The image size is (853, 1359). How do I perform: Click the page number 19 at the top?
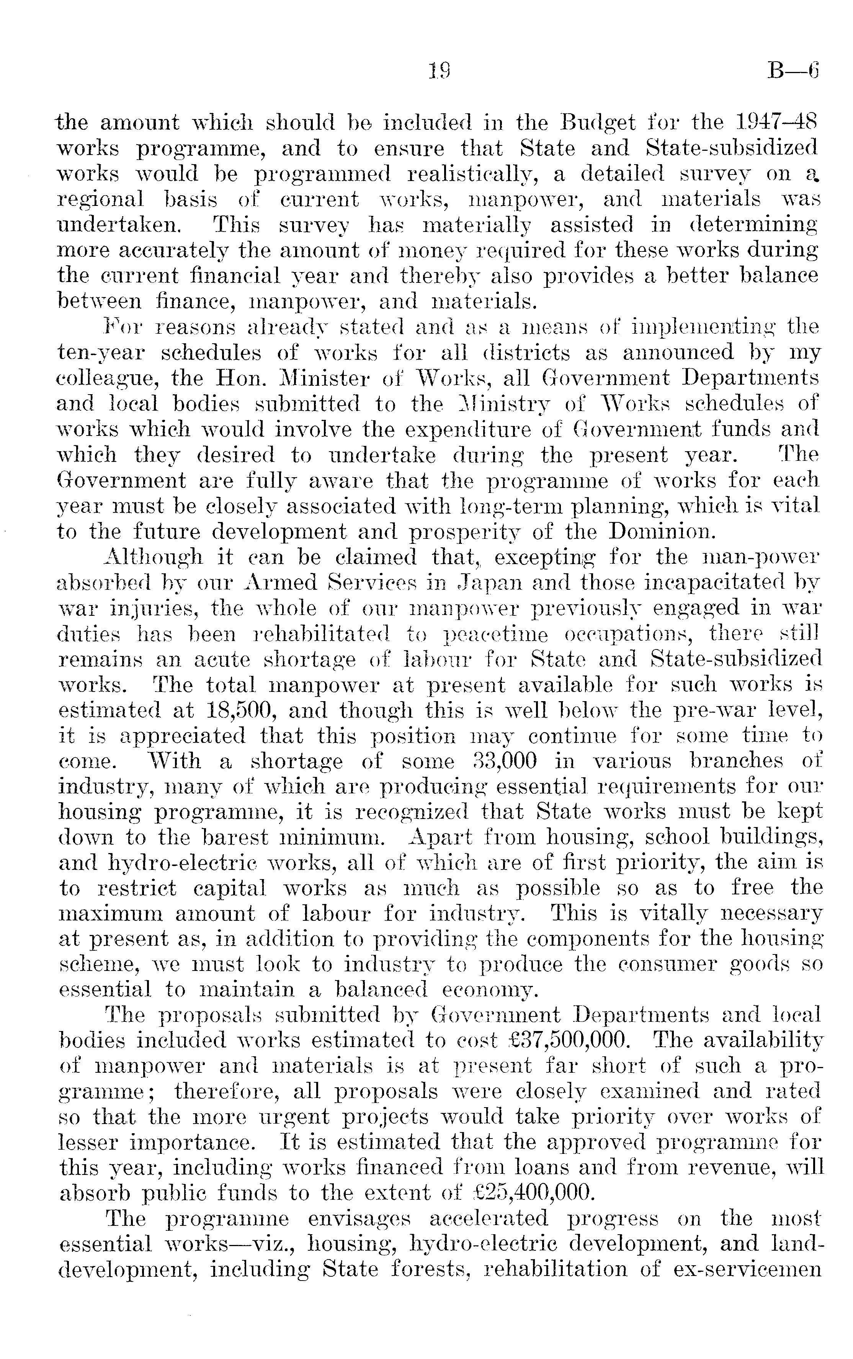pyautogui.click(x=438, y=71)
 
